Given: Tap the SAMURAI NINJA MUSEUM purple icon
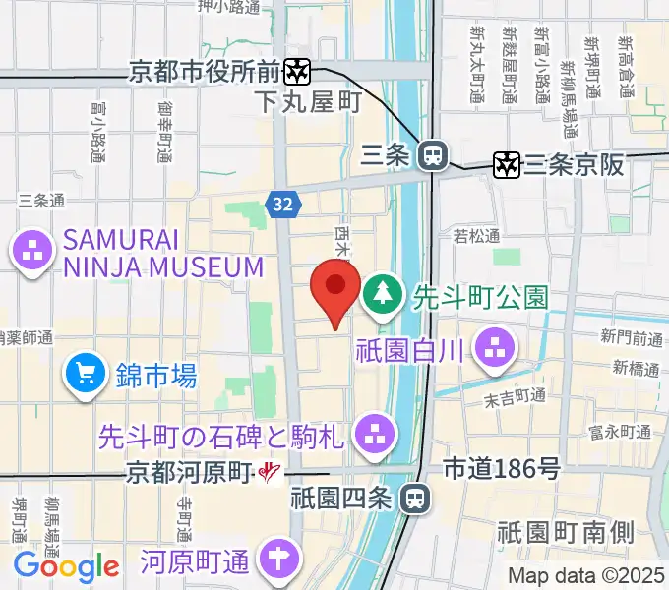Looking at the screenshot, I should tap(32, 252).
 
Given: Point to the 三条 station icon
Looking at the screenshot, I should tap(431, 154).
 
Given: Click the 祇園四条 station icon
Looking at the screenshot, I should tap(416, 499).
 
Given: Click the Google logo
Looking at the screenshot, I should tap(66, 566).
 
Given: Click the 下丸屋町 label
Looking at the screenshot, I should tap(308, 101).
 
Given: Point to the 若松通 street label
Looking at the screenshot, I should tap(476, 236).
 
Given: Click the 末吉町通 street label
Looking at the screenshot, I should tap(515, 396).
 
